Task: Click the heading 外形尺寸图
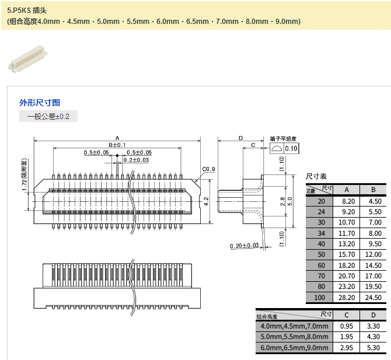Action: (x=40, y=102)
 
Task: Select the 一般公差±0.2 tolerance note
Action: (x=48, y=117)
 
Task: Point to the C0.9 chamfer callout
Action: (x=208, y=169)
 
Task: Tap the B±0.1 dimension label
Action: (x=117, y=145)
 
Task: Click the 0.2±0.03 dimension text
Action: (x=135, y=160)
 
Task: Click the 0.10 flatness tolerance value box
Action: (x=291, y=149)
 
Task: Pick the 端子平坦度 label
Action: (x=284, y=139)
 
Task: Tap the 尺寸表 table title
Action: (x=316, y=176)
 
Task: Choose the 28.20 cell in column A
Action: (x=347, y=298)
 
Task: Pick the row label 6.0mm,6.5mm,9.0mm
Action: (x=294, y=348)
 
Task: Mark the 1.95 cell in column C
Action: (x=347, y=337)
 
